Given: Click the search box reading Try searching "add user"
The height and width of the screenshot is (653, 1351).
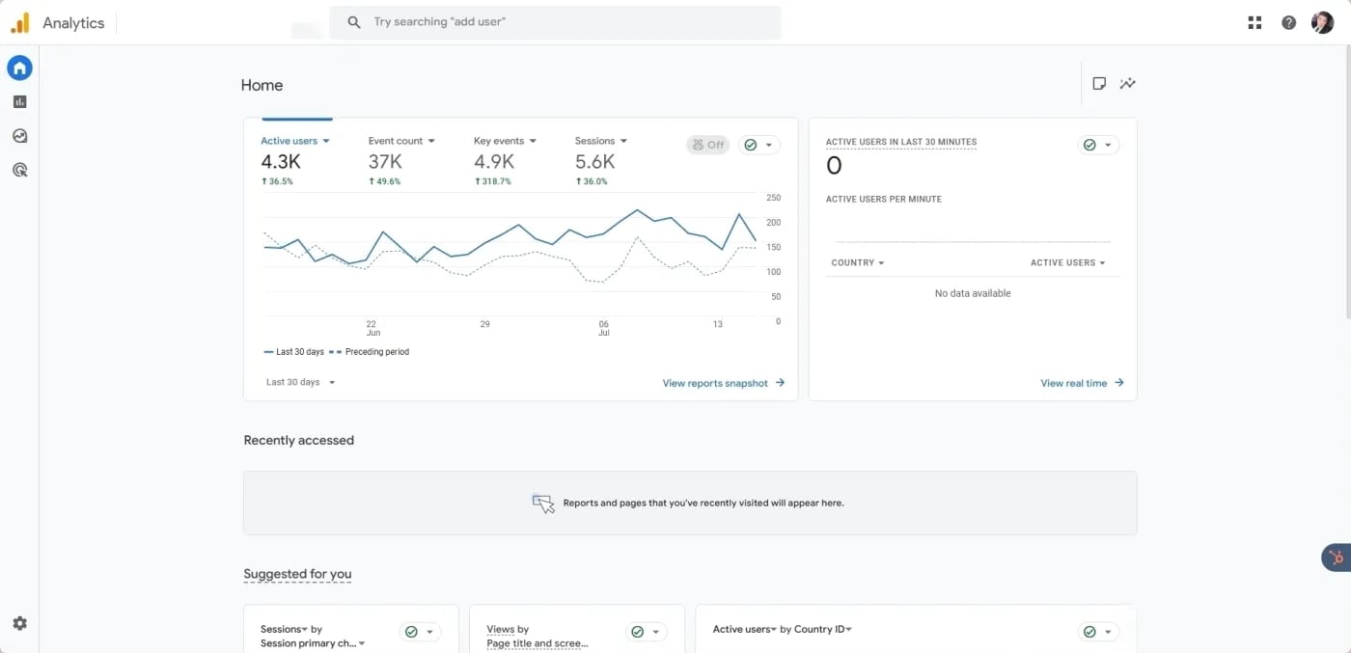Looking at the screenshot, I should click(x=555, y=22).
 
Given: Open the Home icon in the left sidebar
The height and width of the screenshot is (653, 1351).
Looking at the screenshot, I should click(x=19, y=68).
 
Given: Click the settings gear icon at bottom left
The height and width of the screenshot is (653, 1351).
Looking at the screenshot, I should click(x=19, y=623).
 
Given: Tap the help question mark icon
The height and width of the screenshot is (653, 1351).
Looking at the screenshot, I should click(x=1288, y=22).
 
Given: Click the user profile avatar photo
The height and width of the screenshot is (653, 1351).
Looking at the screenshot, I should click(x=1322, y=22).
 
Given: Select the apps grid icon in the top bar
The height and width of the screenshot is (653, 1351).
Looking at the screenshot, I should click(x=1254, y=22).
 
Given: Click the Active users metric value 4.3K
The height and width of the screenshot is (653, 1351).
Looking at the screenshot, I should click(x=281, y=161).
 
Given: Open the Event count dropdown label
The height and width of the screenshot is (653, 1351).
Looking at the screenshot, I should click(x=401, y=141).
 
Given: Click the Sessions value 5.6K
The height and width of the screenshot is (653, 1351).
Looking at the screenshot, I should click(x=594, y=161).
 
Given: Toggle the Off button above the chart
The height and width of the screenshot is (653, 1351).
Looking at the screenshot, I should click(x=707, y=145).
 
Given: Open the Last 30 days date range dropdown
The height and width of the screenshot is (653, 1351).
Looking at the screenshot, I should click(x=300, y=382).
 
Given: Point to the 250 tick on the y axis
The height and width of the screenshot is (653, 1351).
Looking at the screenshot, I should click(x=773, y=198).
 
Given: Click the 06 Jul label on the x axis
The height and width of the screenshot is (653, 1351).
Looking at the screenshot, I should click(x=604, y=328).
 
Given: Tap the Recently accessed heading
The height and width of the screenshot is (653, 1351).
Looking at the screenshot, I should click(x=298, y=440).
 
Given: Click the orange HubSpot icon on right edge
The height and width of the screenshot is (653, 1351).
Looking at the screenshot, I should click(x=1337, y=557).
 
